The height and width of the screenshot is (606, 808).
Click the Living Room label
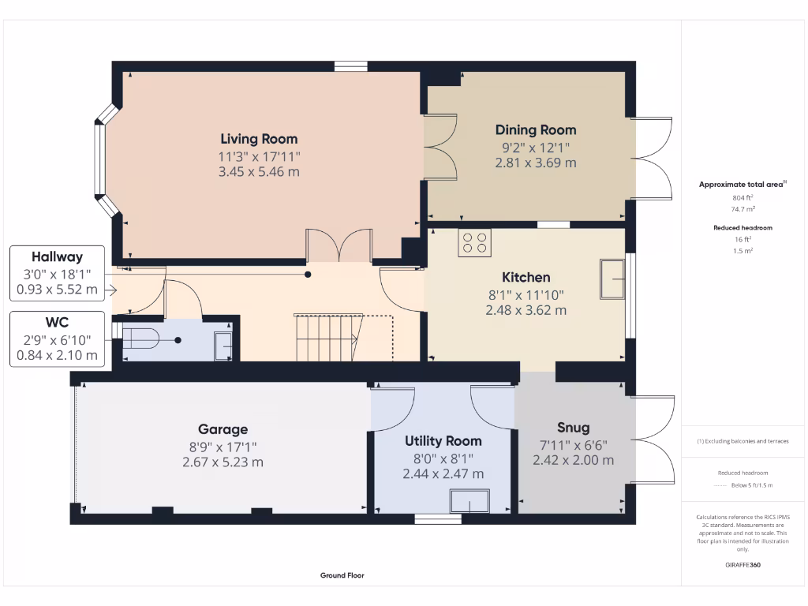259,139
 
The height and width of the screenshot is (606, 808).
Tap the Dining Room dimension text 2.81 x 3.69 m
536,163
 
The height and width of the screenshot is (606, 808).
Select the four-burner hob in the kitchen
474,243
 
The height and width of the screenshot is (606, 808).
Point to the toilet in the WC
141,340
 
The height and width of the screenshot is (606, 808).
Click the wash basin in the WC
223,345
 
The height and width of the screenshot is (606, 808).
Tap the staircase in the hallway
327,337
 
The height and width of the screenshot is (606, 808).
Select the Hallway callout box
57,273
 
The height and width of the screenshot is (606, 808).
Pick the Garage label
223,429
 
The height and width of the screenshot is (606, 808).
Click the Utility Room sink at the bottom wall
469,501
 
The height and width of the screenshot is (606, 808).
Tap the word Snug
573,428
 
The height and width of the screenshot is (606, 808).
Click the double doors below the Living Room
339,245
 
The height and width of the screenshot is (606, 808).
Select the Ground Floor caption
342,576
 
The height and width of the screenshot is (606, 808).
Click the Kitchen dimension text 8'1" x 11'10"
526,295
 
